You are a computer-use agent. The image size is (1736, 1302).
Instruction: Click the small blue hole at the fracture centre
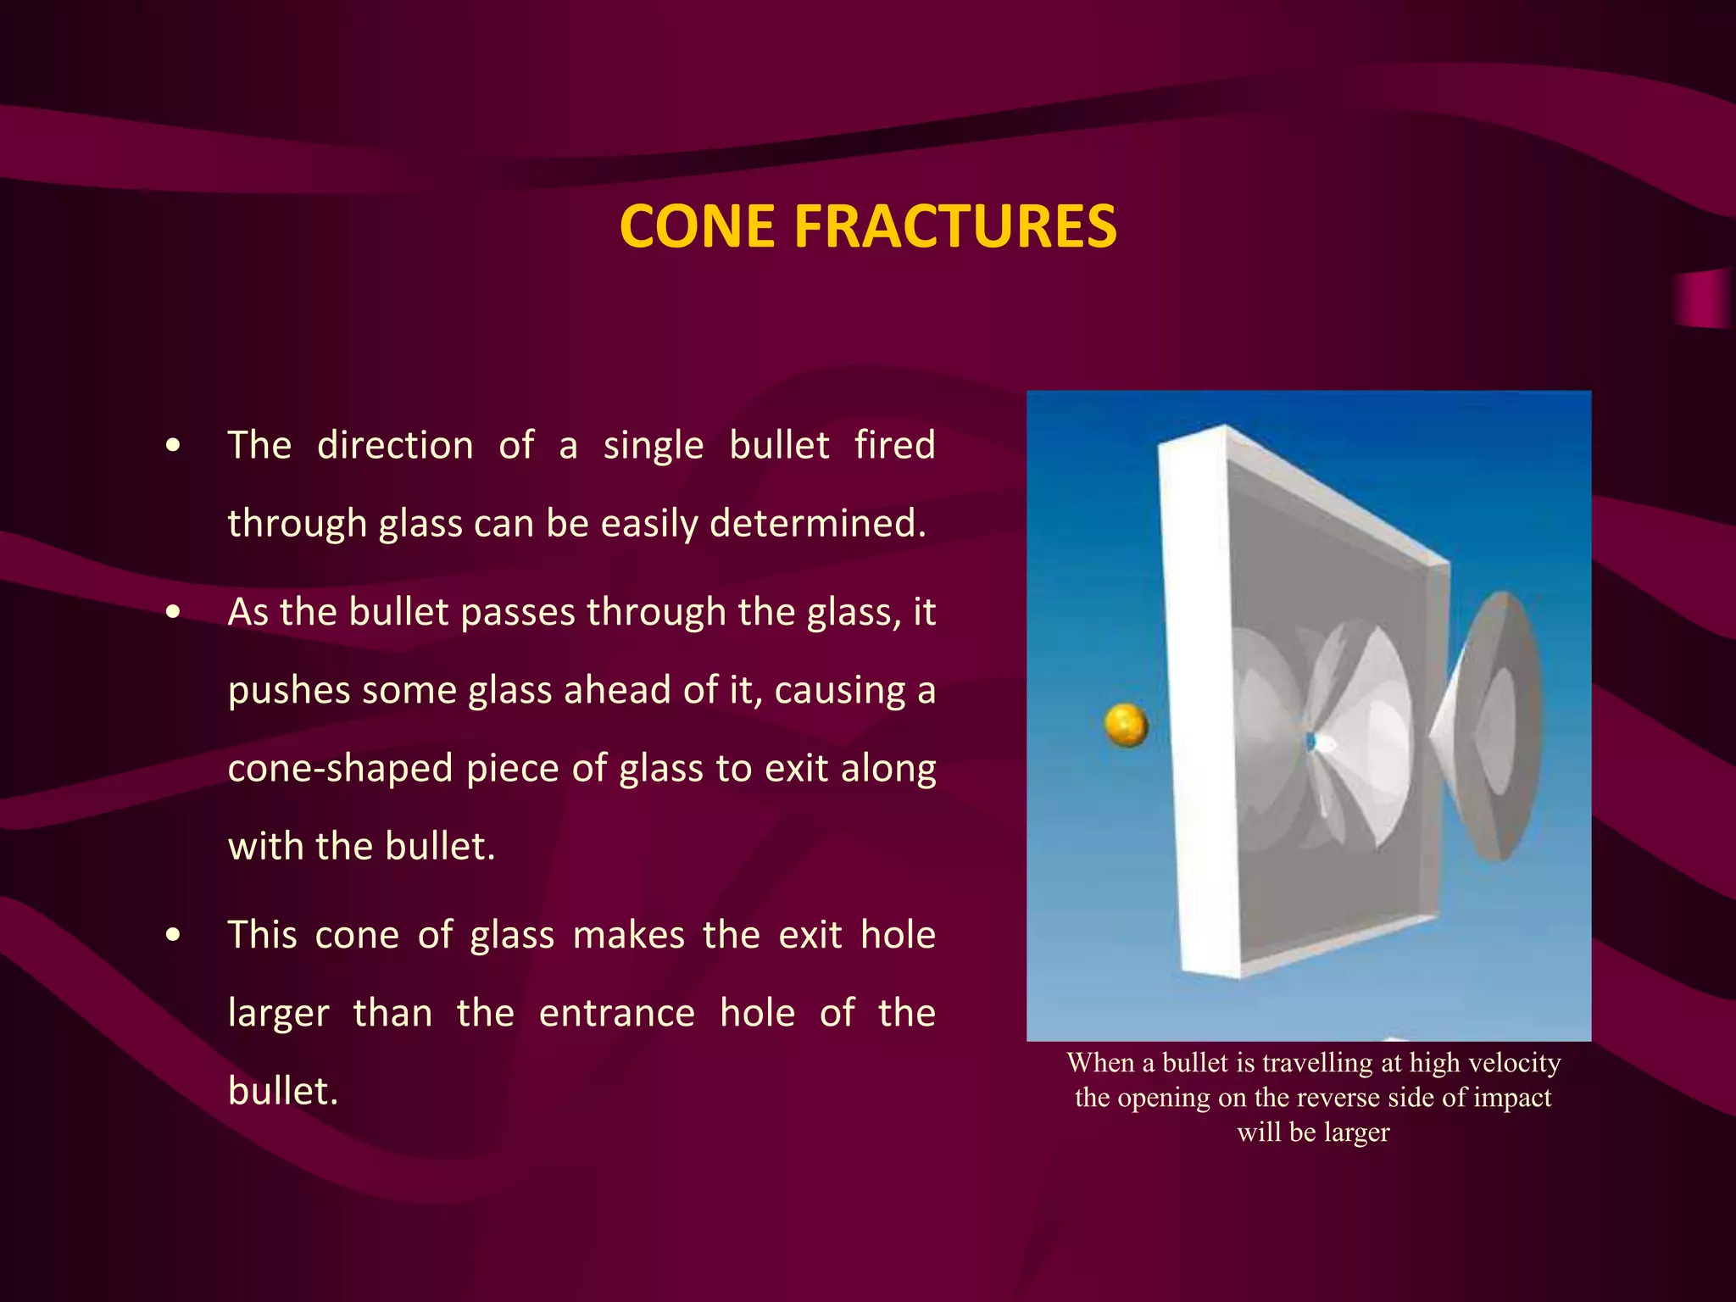point(1311,743)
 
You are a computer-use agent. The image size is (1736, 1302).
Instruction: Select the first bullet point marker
point(174,446)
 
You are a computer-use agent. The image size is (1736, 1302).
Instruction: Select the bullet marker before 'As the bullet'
point(174,612)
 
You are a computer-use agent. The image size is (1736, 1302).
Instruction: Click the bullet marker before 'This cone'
point(174,935)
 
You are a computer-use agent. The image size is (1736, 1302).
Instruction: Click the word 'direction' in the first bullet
point(395,446)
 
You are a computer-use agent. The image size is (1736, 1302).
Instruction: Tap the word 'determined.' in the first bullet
point(818,523)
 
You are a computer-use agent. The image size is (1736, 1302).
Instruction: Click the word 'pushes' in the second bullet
point(288,691)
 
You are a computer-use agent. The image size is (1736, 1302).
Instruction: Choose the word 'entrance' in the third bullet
point(616,1013)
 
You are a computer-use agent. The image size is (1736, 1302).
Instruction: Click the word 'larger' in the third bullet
point(278,1014)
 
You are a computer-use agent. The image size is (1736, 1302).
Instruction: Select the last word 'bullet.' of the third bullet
point(283,1091)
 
